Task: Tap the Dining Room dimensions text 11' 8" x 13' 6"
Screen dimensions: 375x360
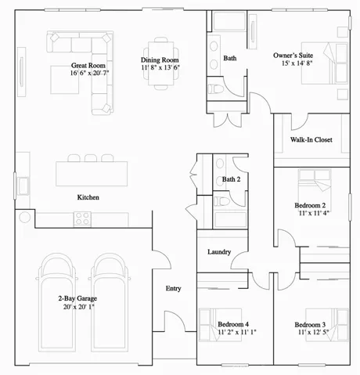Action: pyautogui.click(x=160, y=68)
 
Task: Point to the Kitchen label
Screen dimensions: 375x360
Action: pyautogui.click(x=88, y=197)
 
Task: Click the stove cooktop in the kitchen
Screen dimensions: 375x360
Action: pyautogui.click(x=84, y=220)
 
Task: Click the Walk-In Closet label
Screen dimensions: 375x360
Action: pyautogui.click(x=311, y=140)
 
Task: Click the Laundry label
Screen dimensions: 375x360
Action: pyautogui.click(x=218, y=252)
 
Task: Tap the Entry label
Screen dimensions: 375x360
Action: pyautogui.click(x=174, y=288)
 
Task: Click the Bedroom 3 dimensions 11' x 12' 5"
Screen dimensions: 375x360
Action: pyautogui.click(x=311, y=333)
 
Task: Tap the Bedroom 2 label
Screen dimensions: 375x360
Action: pyautogui.click(x=310, y=205)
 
